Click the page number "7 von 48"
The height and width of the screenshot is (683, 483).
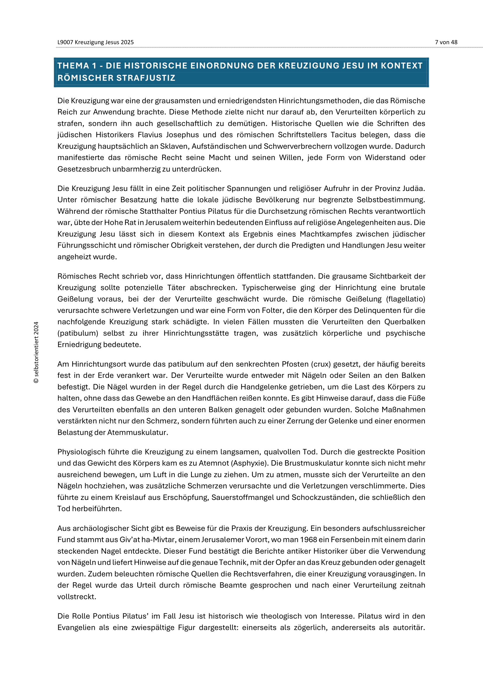[x=446, y=42]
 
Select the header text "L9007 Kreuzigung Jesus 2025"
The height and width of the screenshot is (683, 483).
[x=95, y=42]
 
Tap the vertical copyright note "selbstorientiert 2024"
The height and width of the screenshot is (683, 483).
[x=36, y=352]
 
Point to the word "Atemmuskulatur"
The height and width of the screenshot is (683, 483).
[x=138, y=432]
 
